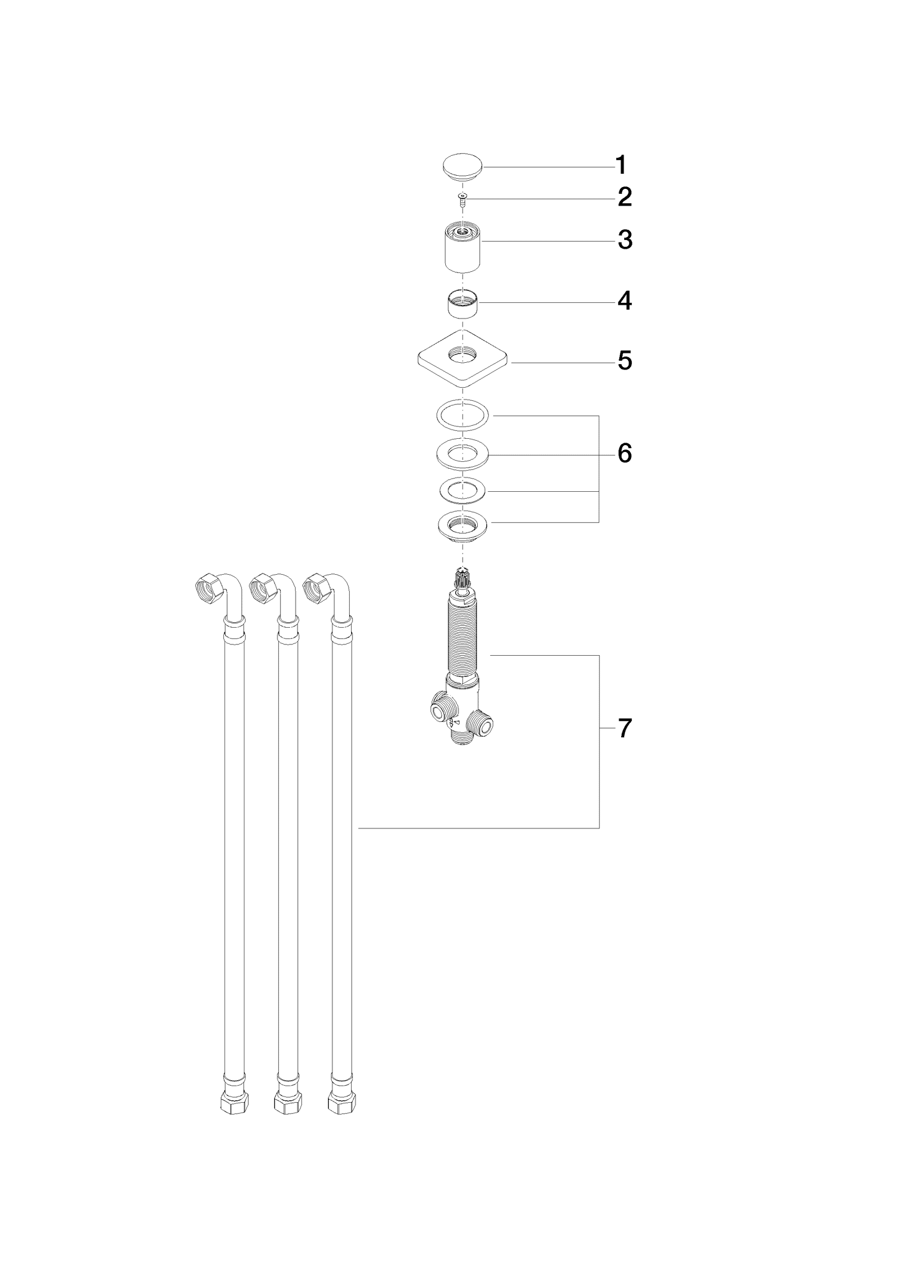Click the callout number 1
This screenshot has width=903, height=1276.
(x=621, y=165)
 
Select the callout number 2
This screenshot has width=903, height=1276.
(x=625, y=198)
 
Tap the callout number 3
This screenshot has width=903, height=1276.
(x=625, y=239)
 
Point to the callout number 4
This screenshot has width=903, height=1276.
(x=625, y=301)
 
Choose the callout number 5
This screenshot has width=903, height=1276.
(x=625, y=361)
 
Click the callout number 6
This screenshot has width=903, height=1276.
(x=625, y=453)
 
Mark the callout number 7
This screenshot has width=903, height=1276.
(x=625, y=727)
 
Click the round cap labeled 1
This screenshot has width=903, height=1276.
(x=463, y=167)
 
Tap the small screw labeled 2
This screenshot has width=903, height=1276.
(x=462, y=199)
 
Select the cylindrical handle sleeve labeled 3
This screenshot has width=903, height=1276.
(x=463, y=249)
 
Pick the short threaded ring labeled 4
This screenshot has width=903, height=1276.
(x=463, y=304)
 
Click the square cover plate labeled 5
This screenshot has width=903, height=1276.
(x=462, y=360)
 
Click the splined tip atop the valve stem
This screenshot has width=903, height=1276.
(x=462, y=577)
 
